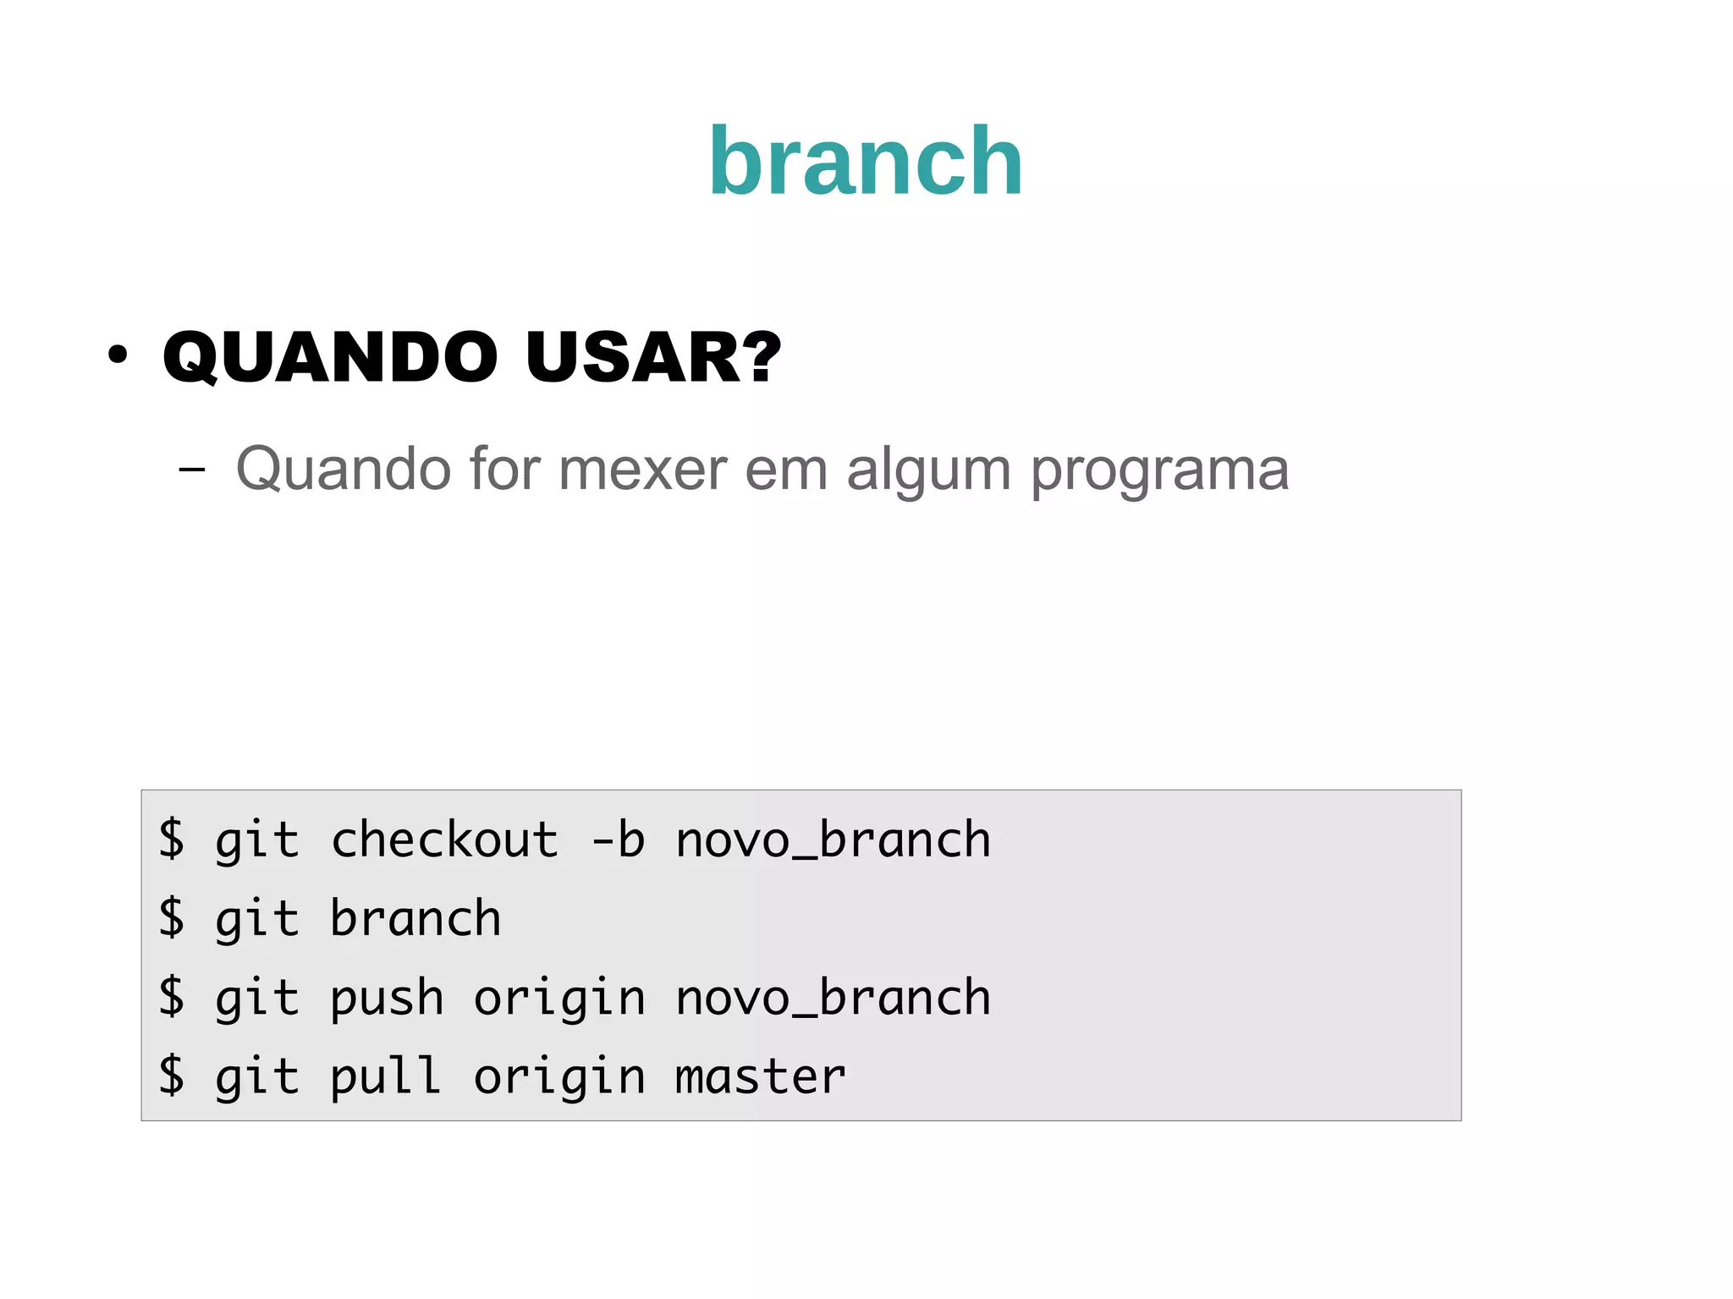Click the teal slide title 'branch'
[866, 162]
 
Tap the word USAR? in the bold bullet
[652, 357]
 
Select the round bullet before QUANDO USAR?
[118, 355]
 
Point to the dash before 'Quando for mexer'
[192, 468]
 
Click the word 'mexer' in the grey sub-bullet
[642, 469]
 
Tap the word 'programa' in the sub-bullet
[1159, 471]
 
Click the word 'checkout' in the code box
[444, 840]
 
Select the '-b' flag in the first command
[618, 840]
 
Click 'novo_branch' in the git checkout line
[833, 840]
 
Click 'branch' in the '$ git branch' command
[415, 919]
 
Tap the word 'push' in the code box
[387, 999]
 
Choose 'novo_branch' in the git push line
[833, 999]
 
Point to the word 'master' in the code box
[760, 1077]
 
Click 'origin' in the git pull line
[558, 1077]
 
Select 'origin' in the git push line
[558, 999]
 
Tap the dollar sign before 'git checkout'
[172, 839]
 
